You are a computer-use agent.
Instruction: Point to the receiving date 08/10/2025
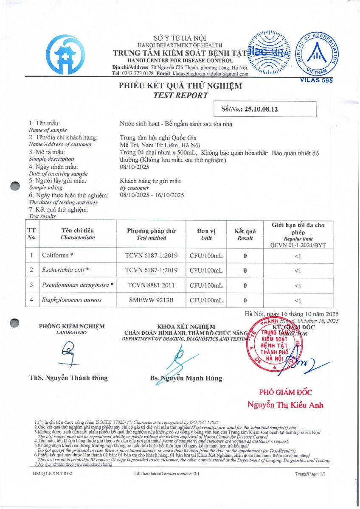pos(133,167)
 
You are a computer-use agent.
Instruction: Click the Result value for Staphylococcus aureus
pos(245,300)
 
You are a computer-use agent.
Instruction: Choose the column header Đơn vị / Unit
pos(206,234)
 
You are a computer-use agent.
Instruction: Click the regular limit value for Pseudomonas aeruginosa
pos(297,285)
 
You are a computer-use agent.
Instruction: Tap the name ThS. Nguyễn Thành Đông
pos(69,378)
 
